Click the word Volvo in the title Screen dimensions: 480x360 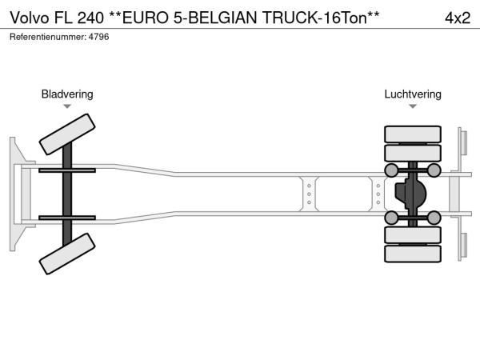[x=30, y=18]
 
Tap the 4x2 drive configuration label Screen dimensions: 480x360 [x=458, y=18]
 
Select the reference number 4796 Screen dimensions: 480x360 [x=98, y=37]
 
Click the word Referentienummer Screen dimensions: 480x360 [x=48, y=37]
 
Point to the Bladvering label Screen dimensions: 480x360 [x=67, y=94]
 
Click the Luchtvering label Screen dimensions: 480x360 [x=413, y=94]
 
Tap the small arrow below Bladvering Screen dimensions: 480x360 [x=67, y=106]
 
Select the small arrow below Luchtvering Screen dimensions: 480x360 [x=413, y=106]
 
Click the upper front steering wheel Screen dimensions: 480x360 [x=67, y=134]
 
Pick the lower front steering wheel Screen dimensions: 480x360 [x=67, y=254]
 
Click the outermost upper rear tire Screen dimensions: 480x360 [x=413, y=134]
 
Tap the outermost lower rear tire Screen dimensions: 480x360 [x=413, y=254]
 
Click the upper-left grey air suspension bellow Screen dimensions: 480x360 [x=391, y=170]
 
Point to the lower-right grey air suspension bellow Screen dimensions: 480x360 [x=434, y=218]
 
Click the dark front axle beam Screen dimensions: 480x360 [x=67, y=194]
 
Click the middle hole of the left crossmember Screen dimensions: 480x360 [x=309, y=194]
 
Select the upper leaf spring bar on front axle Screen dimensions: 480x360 [x=67, y=170]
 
